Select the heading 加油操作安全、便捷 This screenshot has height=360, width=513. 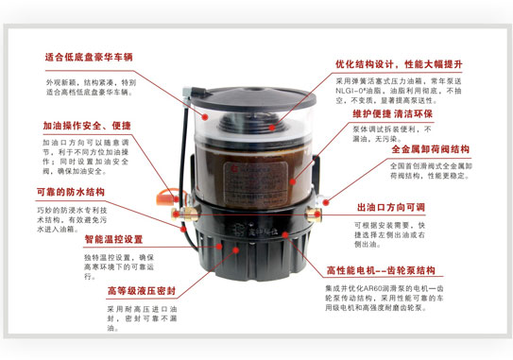[x=86, y=125]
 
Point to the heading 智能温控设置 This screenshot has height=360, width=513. [x=113, y=239]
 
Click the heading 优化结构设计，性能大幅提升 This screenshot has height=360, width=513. [x=412, y=64]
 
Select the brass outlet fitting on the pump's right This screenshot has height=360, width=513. [x=322, y=201]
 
